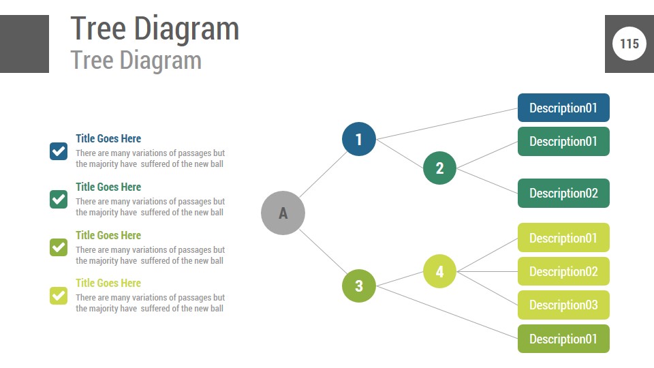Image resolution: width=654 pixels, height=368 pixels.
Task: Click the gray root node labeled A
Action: [283, 213]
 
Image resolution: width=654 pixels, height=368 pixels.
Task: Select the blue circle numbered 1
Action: [359, 139]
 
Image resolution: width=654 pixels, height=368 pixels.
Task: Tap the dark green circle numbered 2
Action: [439, 168]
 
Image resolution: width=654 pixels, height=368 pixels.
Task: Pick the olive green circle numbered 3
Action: [359, 285]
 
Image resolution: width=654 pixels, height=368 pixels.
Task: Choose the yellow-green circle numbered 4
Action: [439, 271]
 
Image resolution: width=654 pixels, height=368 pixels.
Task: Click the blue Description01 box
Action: [563, 108]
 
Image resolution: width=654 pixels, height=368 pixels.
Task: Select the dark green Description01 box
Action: [563, 141]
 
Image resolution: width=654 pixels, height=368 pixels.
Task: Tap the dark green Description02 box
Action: [563, 193]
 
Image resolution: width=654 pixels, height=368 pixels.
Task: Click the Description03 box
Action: [563, 305]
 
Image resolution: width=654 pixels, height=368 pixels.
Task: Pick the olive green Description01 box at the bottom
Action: [563, 339]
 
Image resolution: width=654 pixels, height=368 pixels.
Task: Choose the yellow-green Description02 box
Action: [563, 271]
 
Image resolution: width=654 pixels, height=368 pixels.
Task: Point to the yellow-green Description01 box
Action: [563, 238]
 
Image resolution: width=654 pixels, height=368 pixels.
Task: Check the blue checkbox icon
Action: [59, 151]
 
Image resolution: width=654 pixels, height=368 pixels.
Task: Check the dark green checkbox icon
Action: [59, 199]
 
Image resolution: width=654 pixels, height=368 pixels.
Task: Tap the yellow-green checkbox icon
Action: [59, 295]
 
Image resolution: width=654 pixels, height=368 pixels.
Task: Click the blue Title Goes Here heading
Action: [108, 138]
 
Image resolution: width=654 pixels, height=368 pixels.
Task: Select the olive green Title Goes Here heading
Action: [108, 235]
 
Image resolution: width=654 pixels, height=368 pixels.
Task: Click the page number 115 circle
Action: [629, 44]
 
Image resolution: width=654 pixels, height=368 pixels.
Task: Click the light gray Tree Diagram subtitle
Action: [136, 60]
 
